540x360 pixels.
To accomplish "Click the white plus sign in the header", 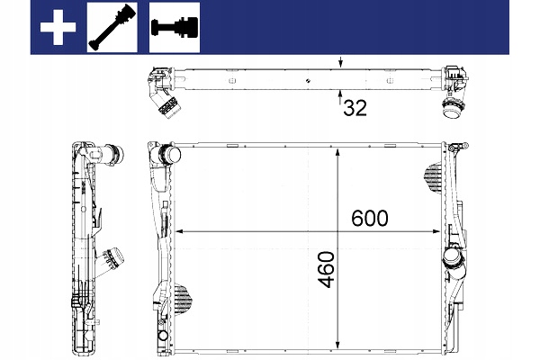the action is [x=58, y=27].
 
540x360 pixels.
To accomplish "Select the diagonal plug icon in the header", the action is [x=112, y=28].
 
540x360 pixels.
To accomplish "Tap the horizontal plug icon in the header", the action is [x=175, y=28].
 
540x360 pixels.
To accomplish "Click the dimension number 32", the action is [x=355, y=108].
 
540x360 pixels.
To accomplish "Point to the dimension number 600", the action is [x=370, y=218].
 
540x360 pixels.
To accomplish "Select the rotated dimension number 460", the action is [x=326, y=270].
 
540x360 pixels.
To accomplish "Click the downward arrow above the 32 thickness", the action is [x=340, y=62].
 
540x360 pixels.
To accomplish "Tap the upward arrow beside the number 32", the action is [x=340, y=97].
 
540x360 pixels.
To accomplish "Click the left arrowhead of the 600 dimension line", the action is [x=180, y=231].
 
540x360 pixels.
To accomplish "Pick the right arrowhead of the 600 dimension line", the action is [x=436, y=231].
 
